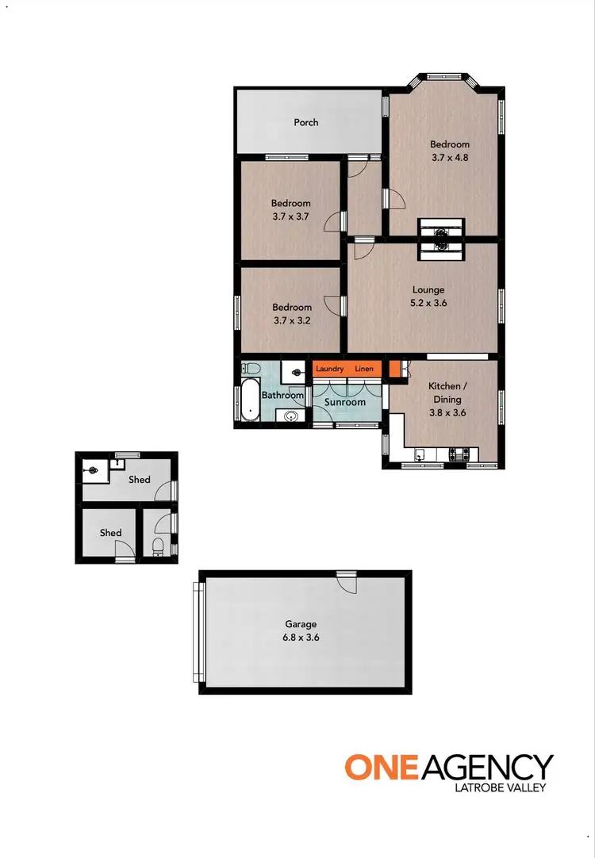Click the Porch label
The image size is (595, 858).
306,122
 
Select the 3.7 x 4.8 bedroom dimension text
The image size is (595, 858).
450,158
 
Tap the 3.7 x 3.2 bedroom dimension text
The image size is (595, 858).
291,320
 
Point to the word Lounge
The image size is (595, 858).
428,289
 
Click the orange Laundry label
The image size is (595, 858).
329,369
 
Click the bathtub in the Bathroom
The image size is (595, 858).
250,402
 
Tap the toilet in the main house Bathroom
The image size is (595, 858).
251,368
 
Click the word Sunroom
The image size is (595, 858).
346,402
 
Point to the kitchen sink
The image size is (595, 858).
420,455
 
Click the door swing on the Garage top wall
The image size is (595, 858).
346,583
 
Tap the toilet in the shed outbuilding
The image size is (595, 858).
158,546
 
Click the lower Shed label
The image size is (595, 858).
110,533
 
